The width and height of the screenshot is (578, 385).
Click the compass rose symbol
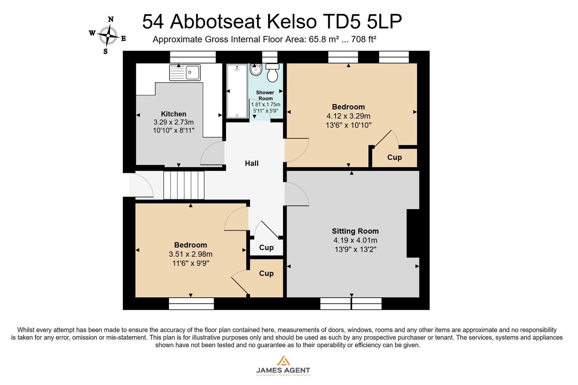click(x=108, y=35)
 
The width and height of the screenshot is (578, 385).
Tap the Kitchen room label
click(x=173, y=114)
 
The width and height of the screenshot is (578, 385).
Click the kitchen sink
click(x=185, y=72)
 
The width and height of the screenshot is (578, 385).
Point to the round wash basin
click(x=255, y=70)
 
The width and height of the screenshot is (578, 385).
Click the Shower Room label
click(x=265, y=96)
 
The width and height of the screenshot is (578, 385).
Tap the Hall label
click(x=252, y=163)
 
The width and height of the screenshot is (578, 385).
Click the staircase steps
click(x=184, y=185)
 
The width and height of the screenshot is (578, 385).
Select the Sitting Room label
click(x=355, y=231)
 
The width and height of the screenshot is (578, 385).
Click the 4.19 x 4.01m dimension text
click(x=355, y=240)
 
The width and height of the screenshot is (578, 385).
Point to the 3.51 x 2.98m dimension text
click(x=191, y=254)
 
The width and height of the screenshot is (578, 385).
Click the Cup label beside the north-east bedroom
click(x=394, y=157)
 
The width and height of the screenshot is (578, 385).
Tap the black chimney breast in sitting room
click(x=413, y=233)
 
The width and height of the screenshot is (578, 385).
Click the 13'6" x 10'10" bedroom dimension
click(x=348, y=125)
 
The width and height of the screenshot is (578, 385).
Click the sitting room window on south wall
click(x=351, y=304)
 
